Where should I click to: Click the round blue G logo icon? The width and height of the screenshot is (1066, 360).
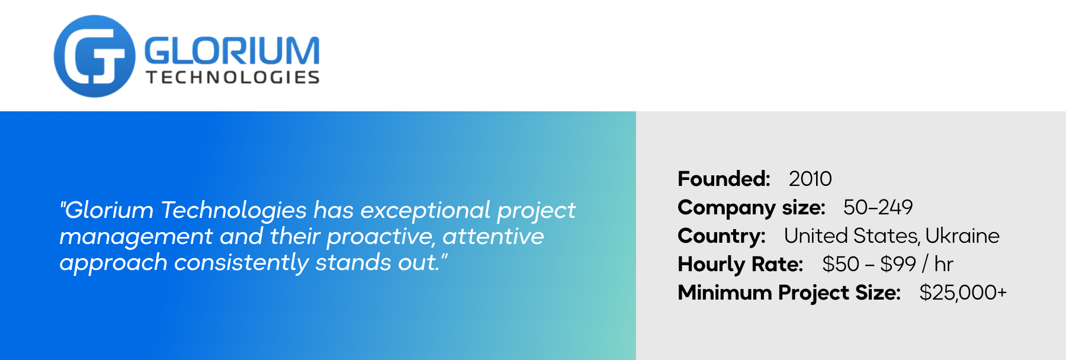coord(95,56)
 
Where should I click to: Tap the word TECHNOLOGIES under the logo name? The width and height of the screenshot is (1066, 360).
coord(233,78)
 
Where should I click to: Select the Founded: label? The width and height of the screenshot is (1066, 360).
coord(724,179)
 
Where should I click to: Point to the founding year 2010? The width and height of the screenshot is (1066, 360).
coord(810,179)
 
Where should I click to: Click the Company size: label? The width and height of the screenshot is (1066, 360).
coord(752,208)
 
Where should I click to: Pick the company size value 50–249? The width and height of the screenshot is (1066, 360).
coord(878,207)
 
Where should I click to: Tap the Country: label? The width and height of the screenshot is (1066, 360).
coord(722,236)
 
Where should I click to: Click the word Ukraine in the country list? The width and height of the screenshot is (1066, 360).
coord(962,236)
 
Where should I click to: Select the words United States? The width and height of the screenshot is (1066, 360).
coord(852,236)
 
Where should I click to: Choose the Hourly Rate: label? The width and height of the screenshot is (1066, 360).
coord(740,264)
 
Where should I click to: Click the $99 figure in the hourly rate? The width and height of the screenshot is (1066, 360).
coord(898,264)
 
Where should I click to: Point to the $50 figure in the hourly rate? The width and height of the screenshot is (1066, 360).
coord(840,264)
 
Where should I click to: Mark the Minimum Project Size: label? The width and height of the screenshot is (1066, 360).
coord(789,292)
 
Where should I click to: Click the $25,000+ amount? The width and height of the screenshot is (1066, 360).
coord(963,292)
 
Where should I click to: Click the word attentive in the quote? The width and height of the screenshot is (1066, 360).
coord(493,236)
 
